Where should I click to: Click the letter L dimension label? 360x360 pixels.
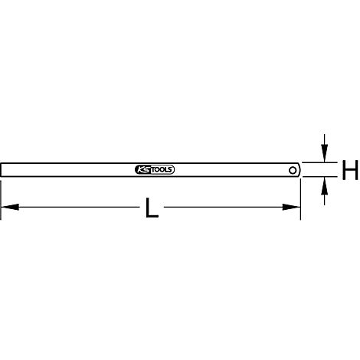pyautogui.click(x=152, y=208)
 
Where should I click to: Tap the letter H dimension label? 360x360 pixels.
pyautogui.click(x=350, y=169)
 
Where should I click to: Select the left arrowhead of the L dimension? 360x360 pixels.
pyautogui.click(x=10, y=207)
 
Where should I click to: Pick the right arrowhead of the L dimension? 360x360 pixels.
pyautogui.click(x=291, y=207)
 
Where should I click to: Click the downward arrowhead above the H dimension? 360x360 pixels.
pyautogui.click(x=324, y=153)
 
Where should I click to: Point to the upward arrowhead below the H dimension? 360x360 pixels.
pyautogui.click(x=324, y=185)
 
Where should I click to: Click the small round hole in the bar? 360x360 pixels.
pyautogui.click(x=293, y=170)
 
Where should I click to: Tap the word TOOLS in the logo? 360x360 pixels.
pyautogui.click(x=162, y=170)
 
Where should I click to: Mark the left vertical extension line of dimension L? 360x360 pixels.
pyautogui.click(x=1, y=200)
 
